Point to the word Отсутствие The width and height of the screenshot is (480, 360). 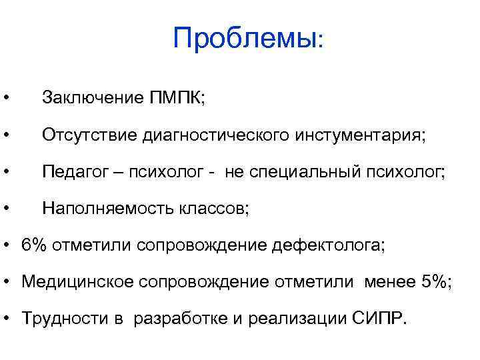click(x=88, y=135)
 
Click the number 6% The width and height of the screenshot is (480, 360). click(x=35, y=245)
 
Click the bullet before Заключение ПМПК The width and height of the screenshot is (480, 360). click(x=5, y=99)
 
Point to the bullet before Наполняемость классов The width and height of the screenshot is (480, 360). click(x=5, y=209)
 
